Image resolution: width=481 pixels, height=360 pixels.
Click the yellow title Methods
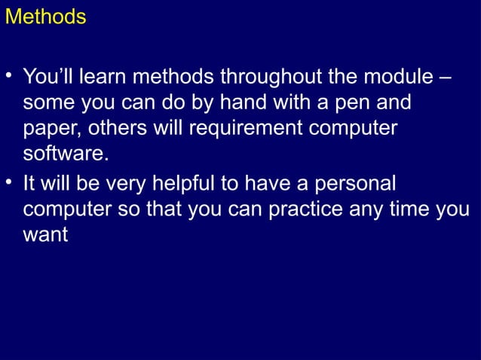[x=45, y=17]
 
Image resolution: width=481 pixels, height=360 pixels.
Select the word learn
[x=103, y=77]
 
